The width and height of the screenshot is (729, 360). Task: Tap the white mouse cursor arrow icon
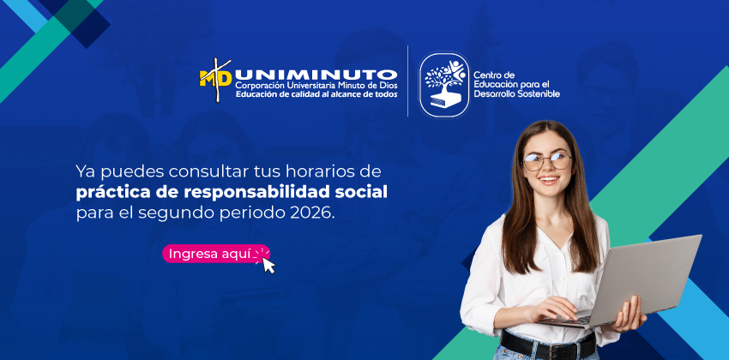click(268, 265)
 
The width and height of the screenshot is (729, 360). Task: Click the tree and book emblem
click(444, 84)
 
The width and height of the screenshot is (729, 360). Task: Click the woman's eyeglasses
click(547, 161)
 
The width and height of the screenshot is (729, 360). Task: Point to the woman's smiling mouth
click(549, 180)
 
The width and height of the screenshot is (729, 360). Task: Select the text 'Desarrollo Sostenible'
click(516, 94)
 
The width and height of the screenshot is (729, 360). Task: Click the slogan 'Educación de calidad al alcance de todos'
click(316, 94)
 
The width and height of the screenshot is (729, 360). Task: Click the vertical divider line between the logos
click(407, 81)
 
